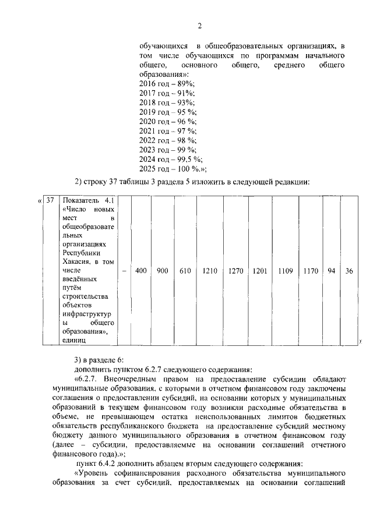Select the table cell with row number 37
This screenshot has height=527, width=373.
(x=51, y=200)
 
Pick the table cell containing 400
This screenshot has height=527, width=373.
(x=140, y=271)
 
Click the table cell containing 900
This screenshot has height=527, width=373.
(x=162, y=271)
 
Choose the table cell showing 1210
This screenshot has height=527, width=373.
(x=210, y=271)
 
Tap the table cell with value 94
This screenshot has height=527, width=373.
(x=331, y=271)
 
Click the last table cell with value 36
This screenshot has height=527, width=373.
(x=348, y=271)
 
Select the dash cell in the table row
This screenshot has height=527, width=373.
(x=124, y=271)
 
